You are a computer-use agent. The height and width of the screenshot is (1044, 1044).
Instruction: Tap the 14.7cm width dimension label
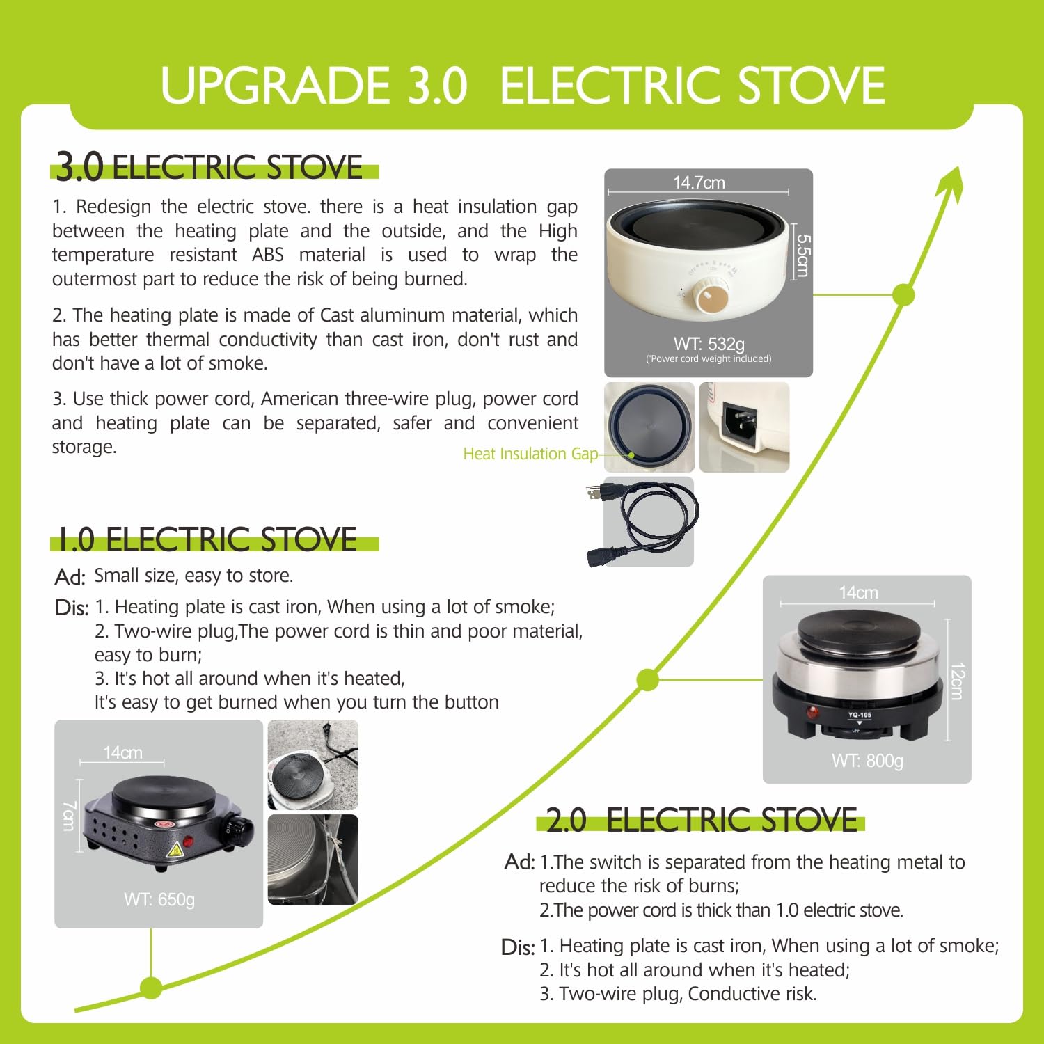pyautogui.click(x=699, y=182)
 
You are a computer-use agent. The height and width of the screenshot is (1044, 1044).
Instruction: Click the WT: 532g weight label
pyautogui.click(x=709, y=343)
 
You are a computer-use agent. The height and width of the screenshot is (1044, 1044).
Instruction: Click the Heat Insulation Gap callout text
pyautogui.click(x=530, y=454)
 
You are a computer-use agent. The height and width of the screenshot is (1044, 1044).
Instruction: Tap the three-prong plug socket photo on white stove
pyautogui.click(x=744, y=427)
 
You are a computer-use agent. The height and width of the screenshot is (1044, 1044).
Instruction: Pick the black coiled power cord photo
pyautogui.click(x=641, y=522)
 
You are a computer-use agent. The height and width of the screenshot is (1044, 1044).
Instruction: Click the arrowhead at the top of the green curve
pyautogui.click(x=951, y=184)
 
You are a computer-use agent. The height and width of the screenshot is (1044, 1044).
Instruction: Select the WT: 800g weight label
pyautogui.click(x=867, y=761)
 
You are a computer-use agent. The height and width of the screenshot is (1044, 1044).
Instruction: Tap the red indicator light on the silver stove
pyautogui.click(x=812, y=713)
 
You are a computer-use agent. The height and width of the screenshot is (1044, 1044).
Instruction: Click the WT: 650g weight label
pyautogui.click(x=159, y=899)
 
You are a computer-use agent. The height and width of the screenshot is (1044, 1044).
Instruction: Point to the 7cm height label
pyautogui.click(x=68, y=815)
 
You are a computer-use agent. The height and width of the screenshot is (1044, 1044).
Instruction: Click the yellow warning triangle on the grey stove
pyautogui.click(x=173, y=849)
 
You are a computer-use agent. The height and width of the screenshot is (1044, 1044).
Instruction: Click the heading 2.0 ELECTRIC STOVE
pyautogui.click(x=702, y=820)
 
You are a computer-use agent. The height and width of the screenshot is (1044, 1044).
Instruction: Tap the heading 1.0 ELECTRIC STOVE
pyautogui.click(x=207, y=539)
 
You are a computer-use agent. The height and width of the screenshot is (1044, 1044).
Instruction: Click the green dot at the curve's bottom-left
pyautogui.click(x=151, y=987)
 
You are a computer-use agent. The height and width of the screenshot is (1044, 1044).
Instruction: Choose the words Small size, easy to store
pyautogui.click(x=193, y=576)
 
